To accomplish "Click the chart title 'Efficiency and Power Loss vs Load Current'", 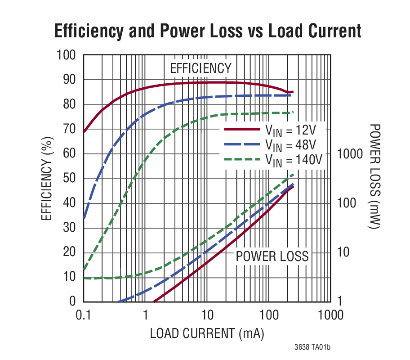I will click(207, 31).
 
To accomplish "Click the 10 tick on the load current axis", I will click(207, 314).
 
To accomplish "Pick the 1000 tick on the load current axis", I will click(330, 314).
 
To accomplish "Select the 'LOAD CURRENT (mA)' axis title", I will click(207, 333).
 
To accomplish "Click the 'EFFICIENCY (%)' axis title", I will click(47, 178).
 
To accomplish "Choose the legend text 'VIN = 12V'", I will click(290, 131).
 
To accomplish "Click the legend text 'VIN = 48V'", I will click(290, 145).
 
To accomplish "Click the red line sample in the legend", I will click(242, 129).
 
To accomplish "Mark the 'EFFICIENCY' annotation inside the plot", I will click(201, 68).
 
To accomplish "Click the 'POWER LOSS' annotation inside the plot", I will click(272, 256).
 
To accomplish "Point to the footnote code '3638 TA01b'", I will click(312, 347).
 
